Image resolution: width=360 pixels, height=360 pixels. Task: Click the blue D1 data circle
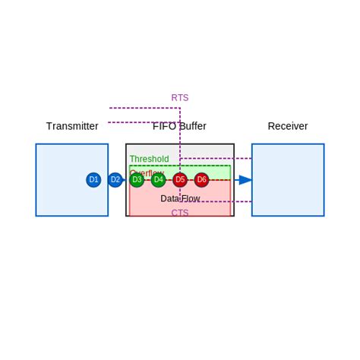(93, 180)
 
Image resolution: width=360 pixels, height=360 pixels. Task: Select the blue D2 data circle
(115, 180)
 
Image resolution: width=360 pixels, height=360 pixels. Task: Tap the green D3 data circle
(137, 180)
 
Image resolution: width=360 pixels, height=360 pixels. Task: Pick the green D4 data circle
(158, 180)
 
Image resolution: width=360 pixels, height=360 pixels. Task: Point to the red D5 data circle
(180, 180)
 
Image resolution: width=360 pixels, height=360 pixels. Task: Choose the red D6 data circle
(201, 180)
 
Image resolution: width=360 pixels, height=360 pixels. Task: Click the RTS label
(180, 98)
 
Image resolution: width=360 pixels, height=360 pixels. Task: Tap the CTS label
(180, 213)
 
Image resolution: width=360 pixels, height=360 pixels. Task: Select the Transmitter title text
(72, 126)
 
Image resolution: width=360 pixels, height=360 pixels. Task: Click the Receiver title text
(288, 126)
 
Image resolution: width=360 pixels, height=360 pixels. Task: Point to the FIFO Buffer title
(180, 126)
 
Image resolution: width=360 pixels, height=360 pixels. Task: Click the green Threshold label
(149, 159)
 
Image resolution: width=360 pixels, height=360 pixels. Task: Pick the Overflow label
(147, 172)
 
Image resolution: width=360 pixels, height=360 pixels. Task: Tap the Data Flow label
(180, 199)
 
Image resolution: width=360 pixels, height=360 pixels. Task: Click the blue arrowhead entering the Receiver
(245, 180)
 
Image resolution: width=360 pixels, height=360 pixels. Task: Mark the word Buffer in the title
(191, 126)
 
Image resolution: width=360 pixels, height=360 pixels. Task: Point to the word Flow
(191, 199)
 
